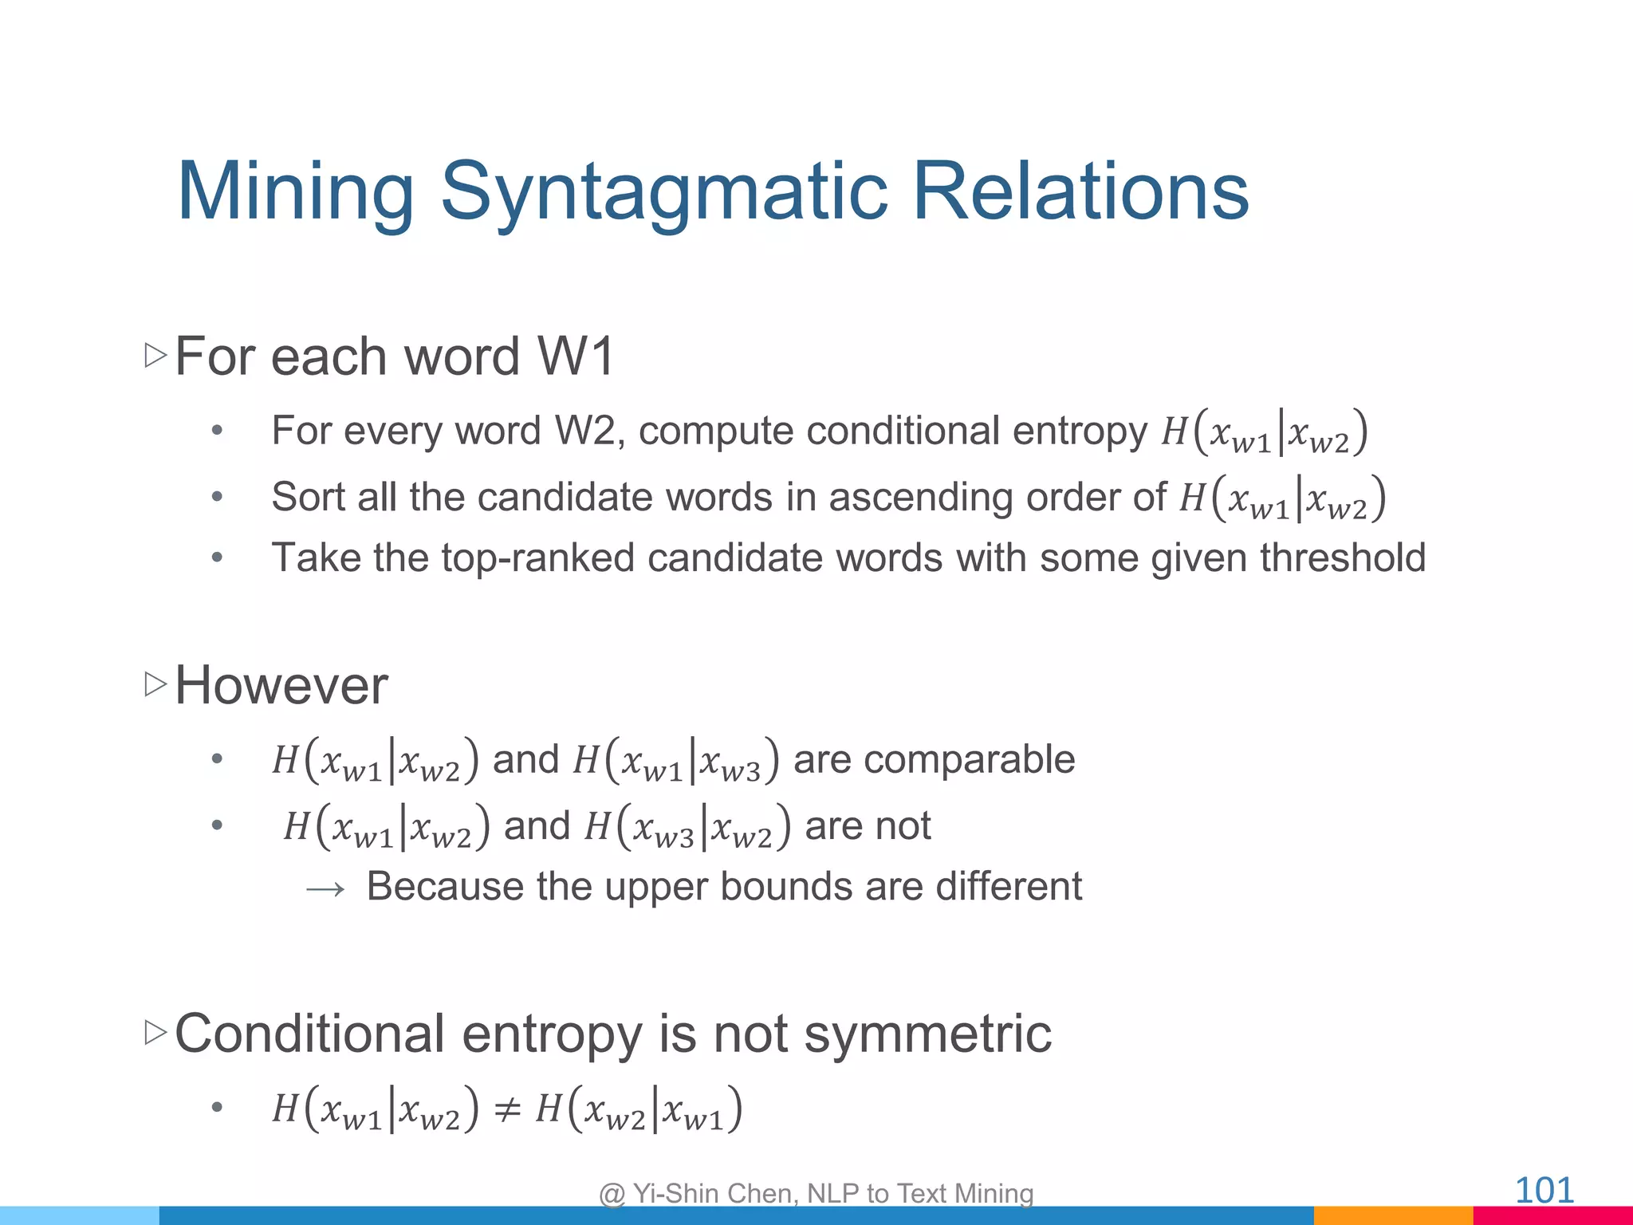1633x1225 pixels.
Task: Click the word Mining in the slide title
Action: pyautogui.click(x=295, y=191)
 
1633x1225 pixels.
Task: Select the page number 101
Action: pyautogui.click(x=1544, y=1191)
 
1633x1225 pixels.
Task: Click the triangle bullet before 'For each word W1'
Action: pyautogui.click(x=155, y=356)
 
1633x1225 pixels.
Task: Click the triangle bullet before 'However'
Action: pyautogui.click(x=155, y=684)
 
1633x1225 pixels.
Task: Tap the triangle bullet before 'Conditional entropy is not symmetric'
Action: pyautogui.click(x=155, y=1033)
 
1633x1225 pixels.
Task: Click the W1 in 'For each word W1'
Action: pyautogui.click(x=576, y=356)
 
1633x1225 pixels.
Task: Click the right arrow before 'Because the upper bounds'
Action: pyautogui.click(x=325, y=888)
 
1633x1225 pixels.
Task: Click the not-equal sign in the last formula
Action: pyautogui.click(x=508, y=1109)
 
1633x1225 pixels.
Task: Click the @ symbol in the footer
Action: pyautogui.click(x=612, y=1194)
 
